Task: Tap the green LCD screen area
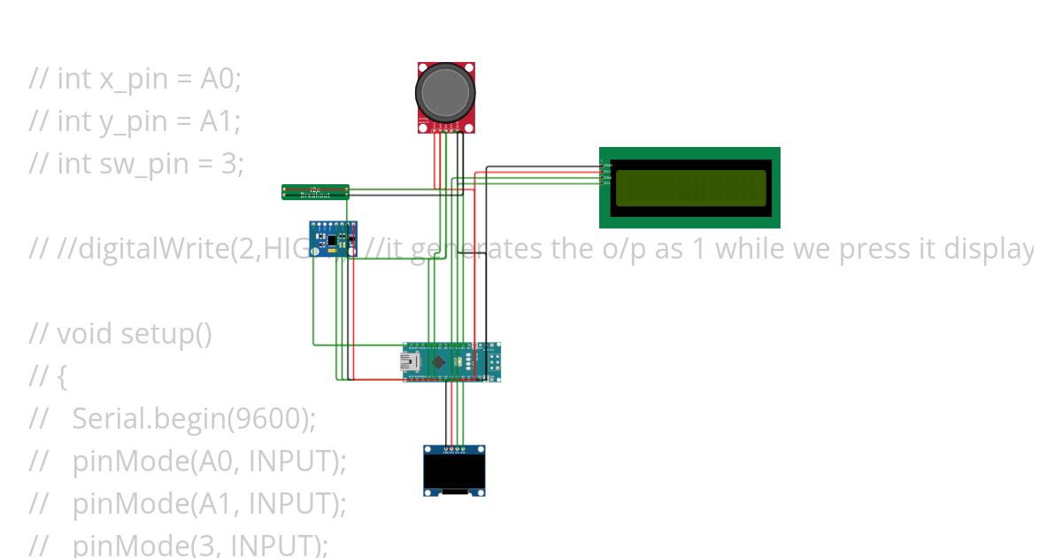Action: click(690, 188)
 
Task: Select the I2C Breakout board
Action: click(315, 191)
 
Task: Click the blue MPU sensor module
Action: click(332, 240)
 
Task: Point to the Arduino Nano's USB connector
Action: click(412, 361)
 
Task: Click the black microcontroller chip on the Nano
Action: click(441, 361)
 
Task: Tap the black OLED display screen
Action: click(454, 470)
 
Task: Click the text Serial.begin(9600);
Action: click(194, 418)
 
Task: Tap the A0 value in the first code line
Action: click(220, 78)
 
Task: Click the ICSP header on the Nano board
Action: click(492, 361)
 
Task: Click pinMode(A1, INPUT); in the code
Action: click(209, 503)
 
